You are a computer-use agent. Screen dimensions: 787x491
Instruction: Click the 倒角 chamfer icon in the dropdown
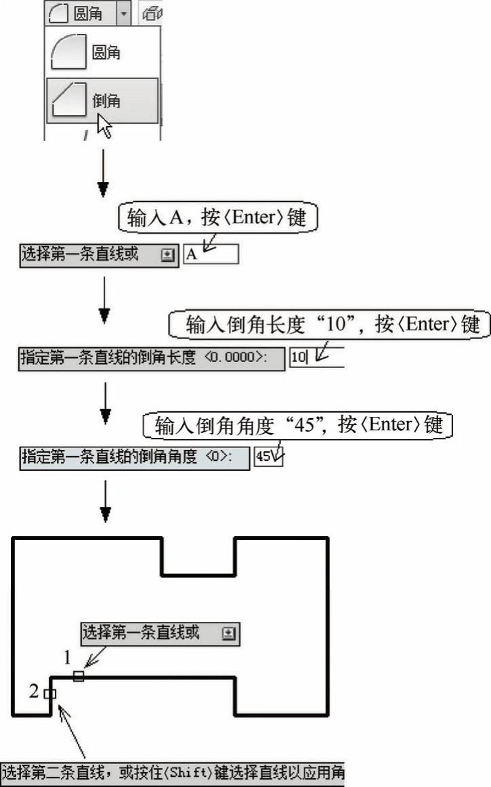click(x=68, y=99)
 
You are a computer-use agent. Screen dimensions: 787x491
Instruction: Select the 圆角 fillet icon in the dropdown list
click(x=68, y=52)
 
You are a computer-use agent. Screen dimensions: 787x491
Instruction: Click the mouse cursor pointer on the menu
click(x=104, y=126)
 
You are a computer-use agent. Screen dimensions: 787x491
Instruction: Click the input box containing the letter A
click(x=211, y=254)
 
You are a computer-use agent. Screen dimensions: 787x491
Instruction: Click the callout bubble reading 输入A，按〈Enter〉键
click(x=218, y=217)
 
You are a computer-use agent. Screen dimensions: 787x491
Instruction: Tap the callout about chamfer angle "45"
click(x=297, y=425)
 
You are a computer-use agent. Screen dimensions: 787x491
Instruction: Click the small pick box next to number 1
click(x=79, y=676)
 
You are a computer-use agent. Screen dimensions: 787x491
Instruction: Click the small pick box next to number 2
click(x=49, y=694)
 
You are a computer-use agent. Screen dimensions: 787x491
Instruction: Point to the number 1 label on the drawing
click(x=68, y=656)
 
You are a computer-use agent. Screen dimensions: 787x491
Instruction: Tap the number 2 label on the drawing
click(x=34, y=691)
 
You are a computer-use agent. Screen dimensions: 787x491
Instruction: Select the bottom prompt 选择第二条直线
click(x=172, y=772)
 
